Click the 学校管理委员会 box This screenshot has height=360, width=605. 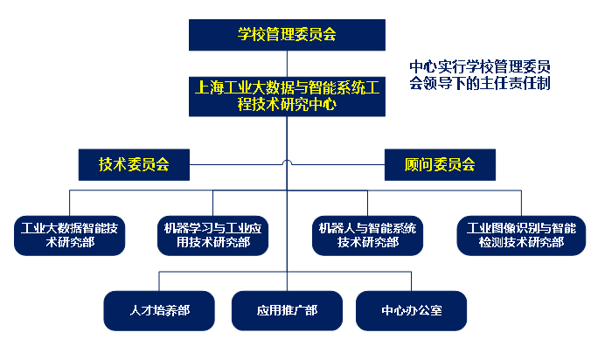click(288, 35)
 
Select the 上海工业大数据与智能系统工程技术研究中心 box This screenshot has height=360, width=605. click(288, 95)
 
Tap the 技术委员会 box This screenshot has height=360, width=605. click(134, 164)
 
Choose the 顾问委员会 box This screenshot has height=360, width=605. click(440, 164)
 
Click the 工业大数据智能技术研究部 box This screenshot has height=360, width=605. click(71, 234)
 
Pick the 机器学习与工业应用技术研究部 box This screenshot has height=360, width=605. click(213, 234)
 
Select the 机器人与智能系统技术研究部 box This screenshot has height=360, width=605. click(367, 234)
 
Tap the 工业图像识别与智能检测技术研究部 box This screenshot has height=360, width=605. click(521, 234)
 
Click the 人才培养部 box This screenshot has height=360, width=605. click(159, 310)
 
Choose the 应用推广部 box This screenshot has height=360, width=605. click(287, 310)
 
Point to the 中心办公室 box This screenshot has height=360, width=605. click(411, 310)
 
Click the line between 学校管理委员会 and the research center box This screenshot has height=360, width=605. click(288, 62)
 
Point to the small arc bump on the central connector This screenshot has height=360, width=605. click(288, 162)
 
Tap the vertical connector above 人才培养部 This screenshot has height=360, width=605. click(159, 280)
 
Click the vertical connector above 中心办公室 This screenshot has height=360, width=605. click(411, 280)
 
